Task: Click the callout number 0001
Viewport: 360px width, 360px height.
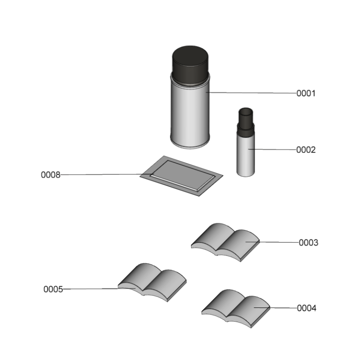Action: (306, 94)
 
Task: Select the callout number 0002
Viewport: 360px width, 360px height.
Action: (306, 150)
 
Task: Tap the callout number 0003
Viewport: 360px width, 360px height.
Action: (308, 243)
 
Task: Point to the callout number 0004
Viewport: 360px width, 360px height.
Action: (306, 308)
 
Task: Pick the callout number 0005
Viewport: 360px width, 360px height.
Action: (53, 289)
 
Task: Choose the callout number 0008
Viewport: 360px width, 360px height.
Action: (50, 175)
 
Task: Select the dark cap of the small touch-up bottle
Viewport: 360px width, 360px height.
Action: (246, 119)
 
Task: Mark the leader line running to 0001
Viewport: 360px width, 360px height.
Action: (252, 93)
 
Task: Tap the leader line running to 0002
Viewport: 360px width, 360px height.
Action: (274, 149)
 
